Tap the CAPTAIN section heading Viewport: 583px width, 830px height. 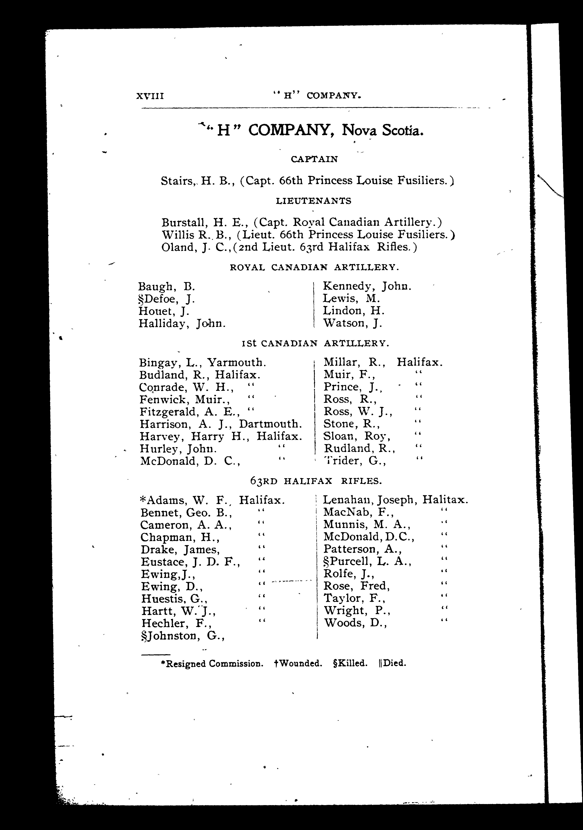[x=314, y=159]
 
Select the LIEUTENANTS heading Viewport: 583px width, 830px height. [x=313, y=201]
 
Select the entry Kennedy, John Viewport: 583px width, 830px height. [x=367, y=286]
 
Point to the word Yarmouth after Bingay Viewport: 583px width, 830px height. [x=237, y=362]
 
